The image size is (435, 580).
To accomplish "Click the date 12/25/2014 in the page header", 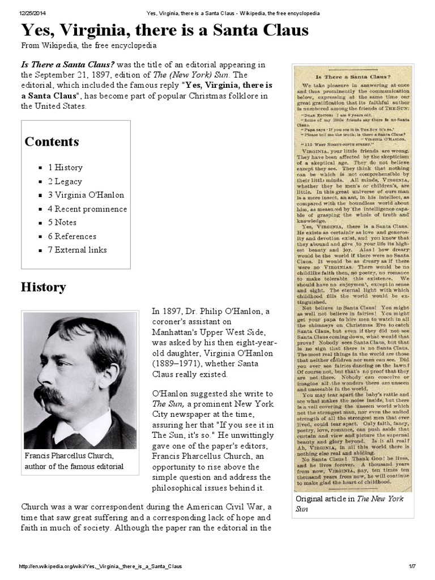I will pyautogui.click(x=35, y=13).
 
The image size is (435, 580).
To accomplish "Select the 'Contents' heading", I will pyautogui.click(x=52, y=142).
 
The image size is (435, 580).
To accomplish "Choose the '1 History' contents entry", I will pyautogui.click(x=65, y=168).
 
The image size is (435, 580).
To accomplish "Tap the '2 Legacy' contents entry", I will pyautogui.click(x=65, y=181).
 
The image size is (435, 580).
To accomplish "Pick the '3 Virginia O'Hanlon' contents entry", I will pyautogui.click(x=86, y=195).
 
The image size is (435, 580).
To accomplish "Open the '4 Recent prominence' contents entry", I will pyautogui.click(x=87, y=209).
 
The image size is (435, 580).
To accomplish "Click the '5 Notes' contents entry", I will pyautogui.click(x=62, y=223).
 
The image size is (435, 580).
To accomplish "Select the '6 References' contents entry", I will pyautogui.click(x=72, y=236).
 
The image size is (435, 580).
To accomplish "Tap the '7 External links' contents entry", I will pyautogui.click(x=77, y=250).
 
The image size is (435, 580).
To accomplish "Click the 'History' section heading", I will pyautogui.click(x=44, y=287).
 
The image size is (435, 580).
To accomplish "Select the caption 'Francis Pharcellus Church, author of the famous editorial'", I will pyautogui.click(x=74, y=461).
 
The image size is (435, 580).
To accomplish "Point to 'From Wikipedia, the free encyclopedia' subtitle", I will pyautogui.click(x=89, y=45).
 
